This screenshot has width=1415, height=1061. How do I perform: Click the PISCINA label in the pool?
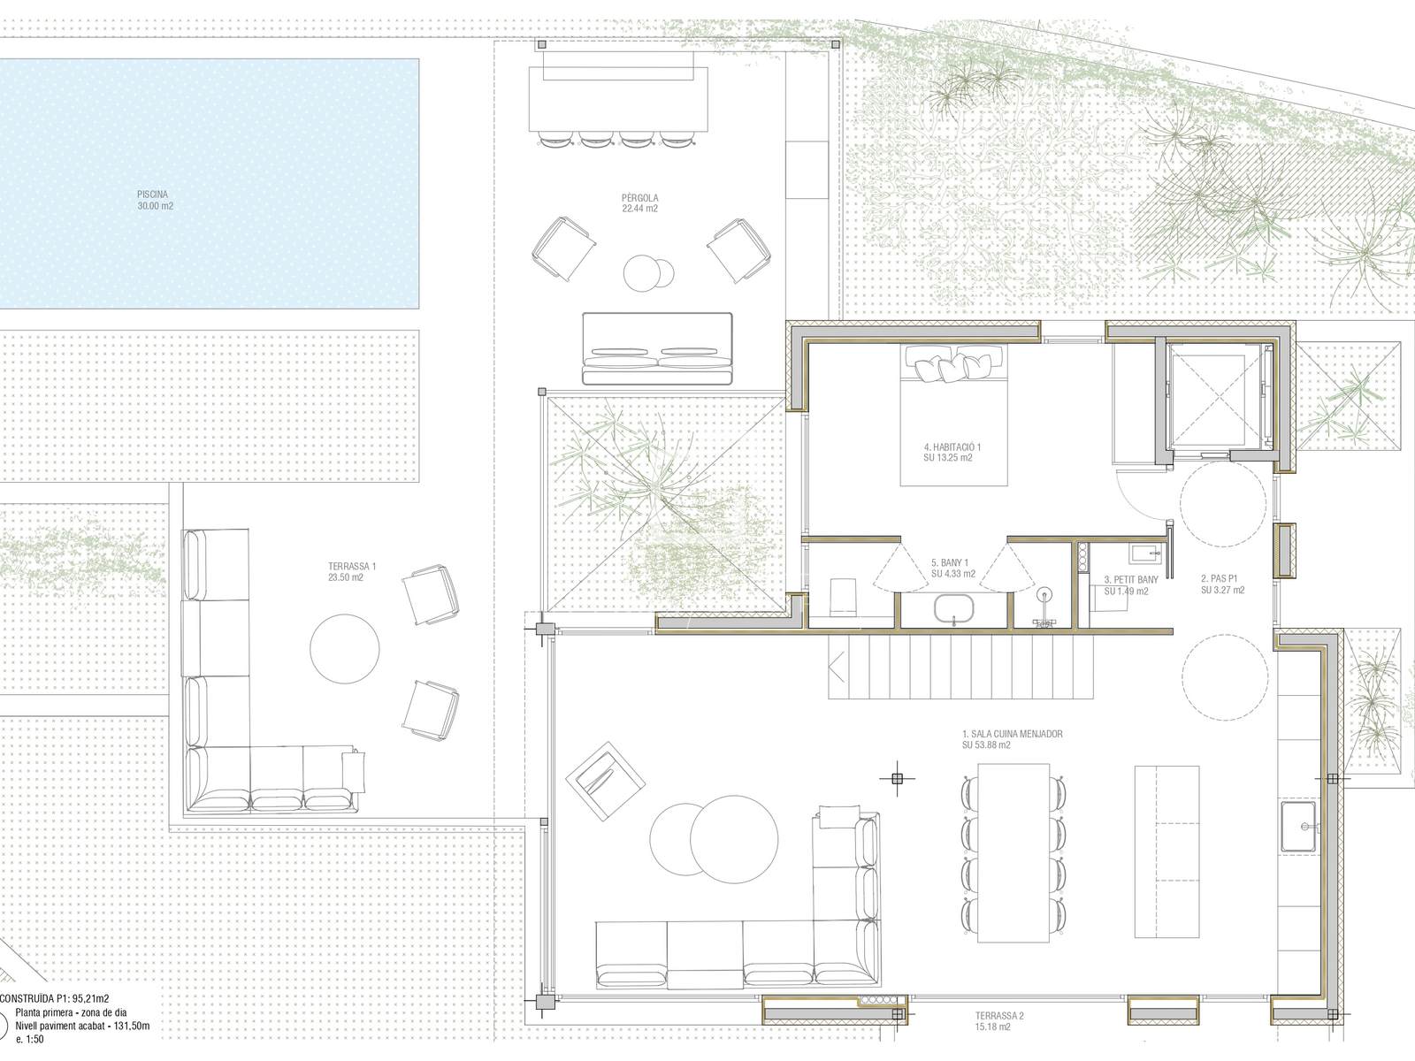coord(152,194)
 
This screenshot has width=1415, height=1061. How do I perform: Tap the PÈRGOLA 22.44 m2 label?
coord(639,203)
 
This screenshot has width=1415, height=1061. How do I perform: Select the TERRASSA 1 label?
coord(351,566)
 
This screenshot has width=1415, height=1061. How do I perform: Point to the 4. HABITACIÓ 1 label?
coord(952,447)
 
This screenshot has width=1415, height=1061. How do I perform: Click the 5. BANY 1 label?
coord(950,562)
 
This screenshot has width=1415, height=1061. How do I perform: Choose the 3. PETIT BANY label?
coord(1131,580)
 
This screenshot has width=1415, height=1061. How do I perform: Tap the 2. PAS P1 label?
coord(1219,578)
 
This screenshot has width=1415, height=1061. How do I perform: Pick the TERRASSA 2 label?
coord(999,1016)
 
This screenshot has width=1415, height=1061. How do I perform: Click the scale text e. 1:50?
coord(30,1039)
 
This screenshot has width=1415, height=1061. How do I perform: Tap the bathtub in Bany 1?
coord(954,609)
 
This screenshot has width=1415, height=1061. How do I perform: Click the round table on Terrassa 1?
coord(345,649)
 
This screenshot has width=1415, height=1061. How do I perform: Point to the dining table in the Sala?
coord(1013,853)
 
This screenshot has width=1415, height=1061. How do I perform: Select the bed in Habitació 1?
coord(953,414)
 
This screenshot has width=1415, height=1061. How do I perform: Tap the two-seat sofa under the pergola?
coord(658,348)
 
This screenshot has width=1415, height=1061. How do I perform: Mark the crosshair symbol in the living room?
coord(897,779)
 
